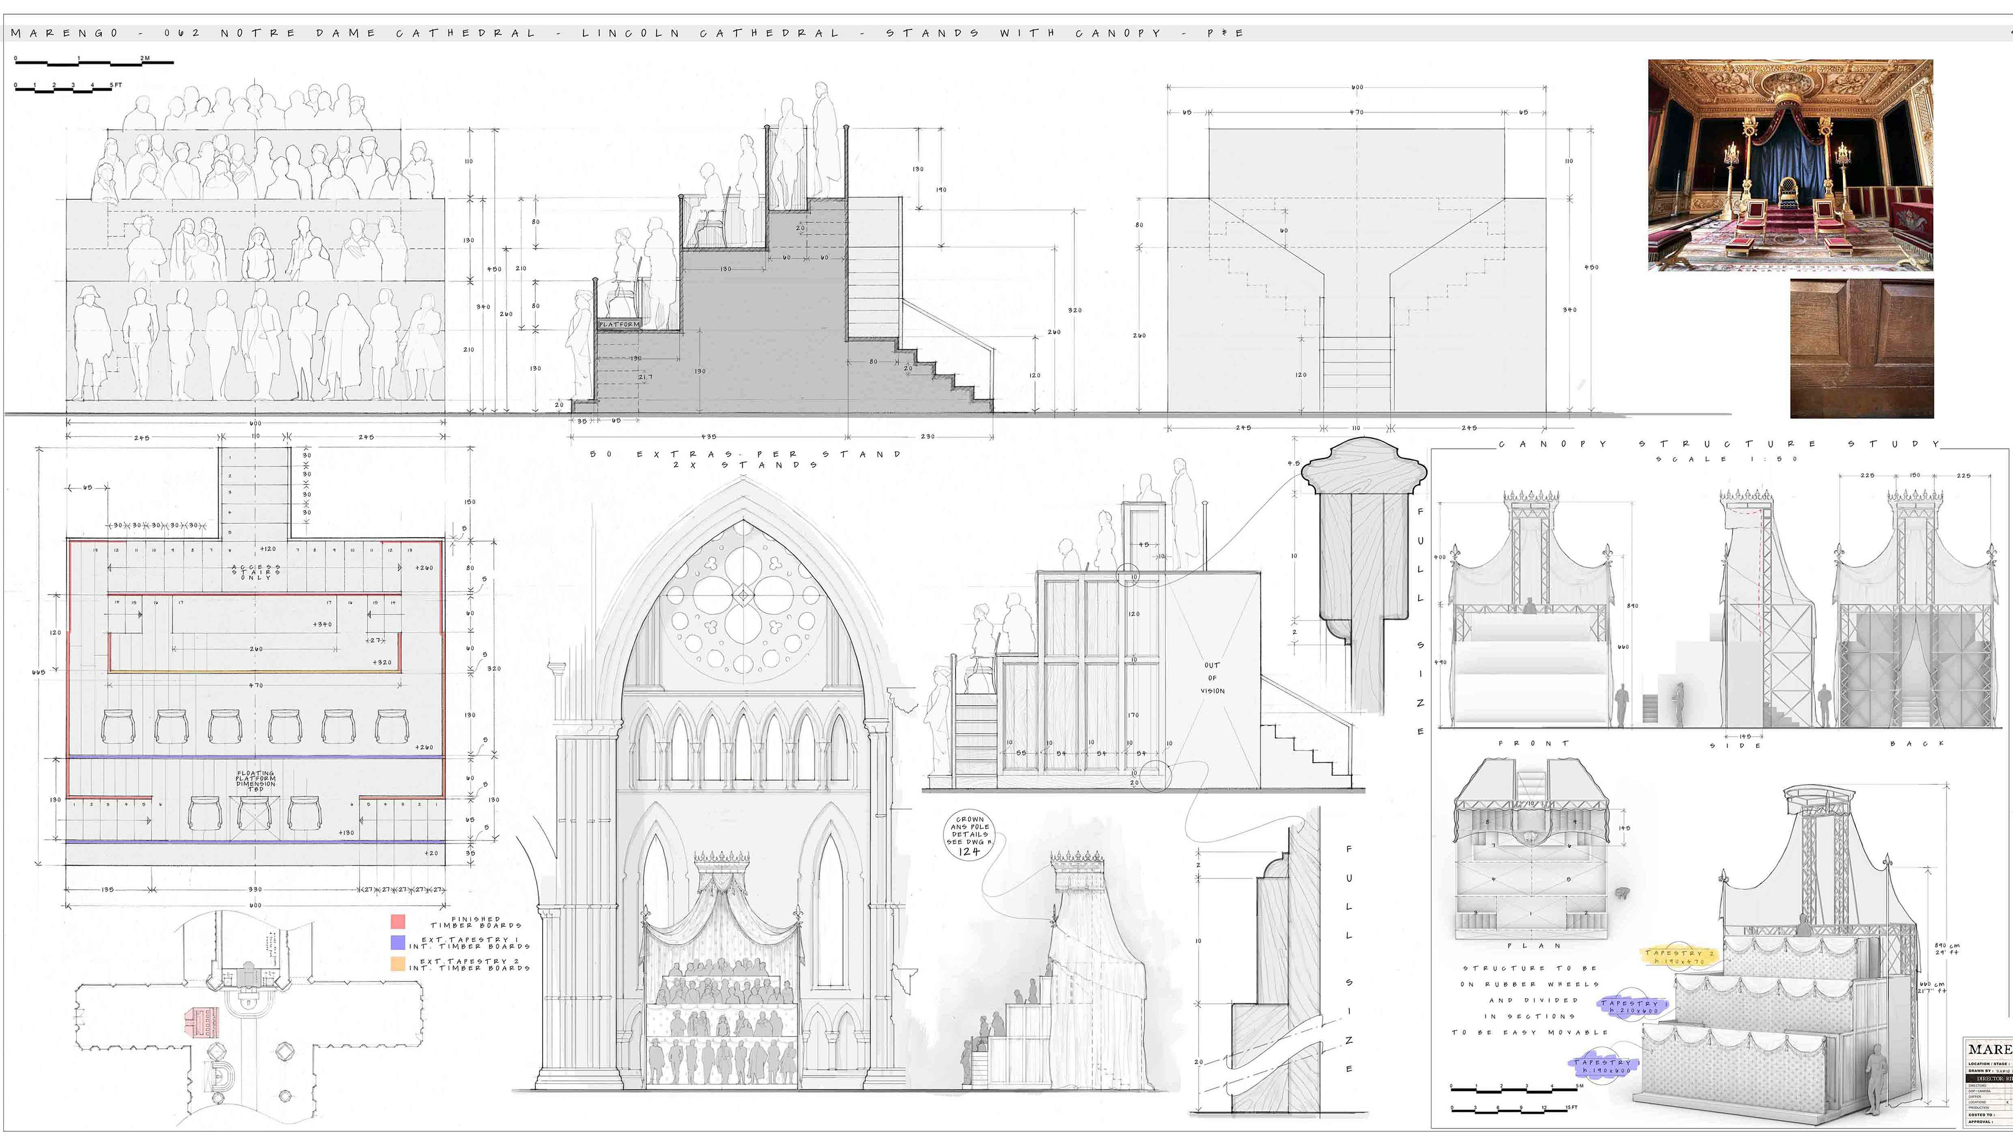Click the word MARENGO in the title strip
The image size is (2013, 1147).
(x=64, y=33)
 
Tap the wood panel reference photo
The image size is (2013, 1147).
(x=1861, y=348)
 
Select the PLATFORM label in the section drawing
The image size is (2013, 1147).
(x=619, y=324)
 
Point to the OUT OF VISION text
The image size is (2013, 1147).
(x=1212, y=677)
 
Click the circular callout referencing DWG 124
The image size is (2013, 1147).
(x=969, y=835)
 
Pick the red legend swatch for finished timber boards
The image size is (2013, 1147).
(x=398, y=921)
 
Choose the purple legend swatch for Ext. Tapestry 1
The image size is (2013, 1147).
(x=398, y=942)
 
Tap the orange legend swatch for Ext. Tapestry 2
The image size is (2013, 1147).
(x=398, y=964)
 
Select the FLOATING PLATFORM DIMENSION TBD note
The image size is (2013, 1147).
(x=255, y=781)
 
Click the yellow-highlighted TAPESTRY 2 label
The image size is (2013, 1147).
(x=1679, y=956)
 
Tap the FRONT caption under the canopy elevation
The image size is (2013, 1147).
(x=1533, y=743)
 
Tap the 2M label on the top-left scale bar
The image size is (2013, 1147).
(x=145, y=58)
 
